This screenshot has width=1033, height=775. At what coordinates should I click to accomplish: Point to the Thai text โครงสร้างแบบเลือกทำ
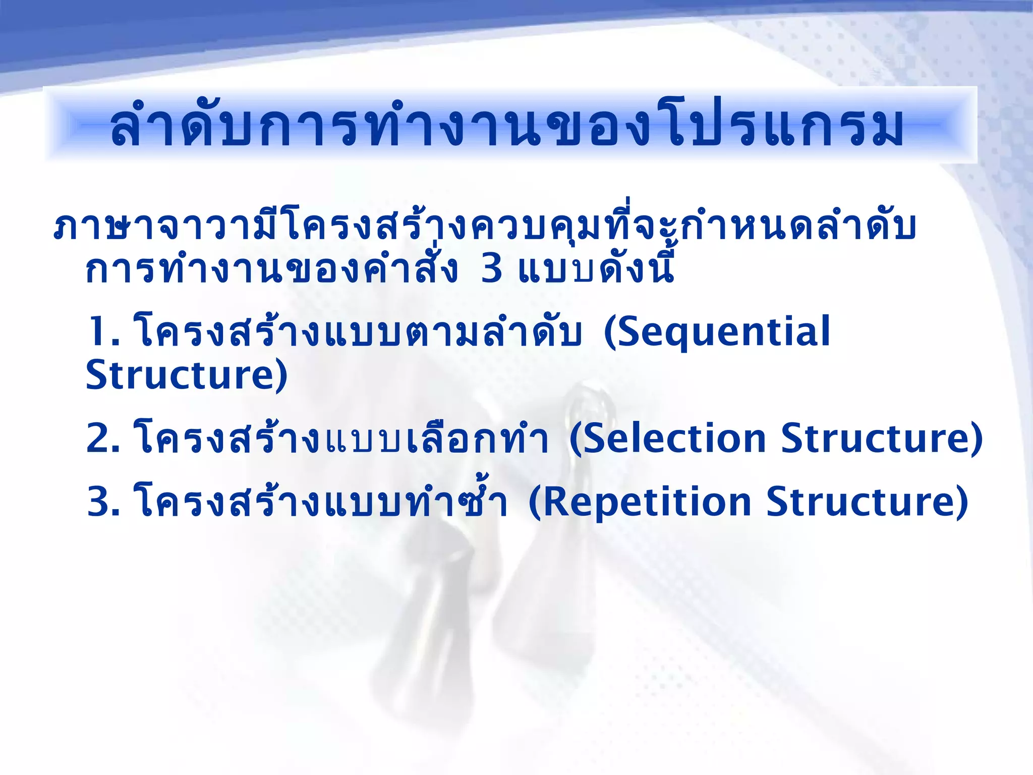tap(341, 438)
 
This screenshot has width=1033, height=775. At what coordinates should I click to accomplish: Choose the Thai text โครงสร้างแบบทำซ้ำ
tap(321, 503)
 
